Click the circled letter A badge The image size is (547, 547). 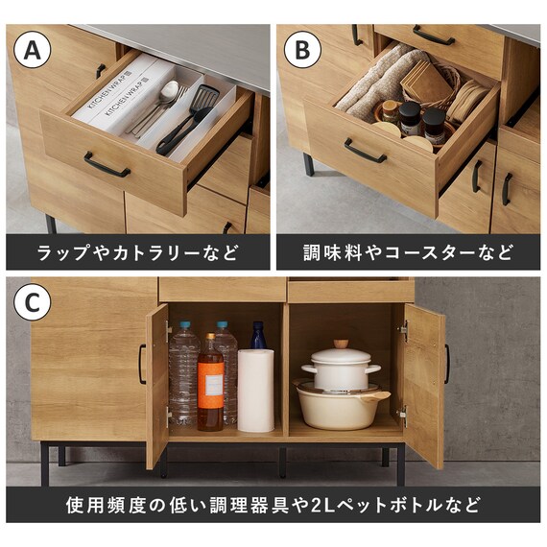[32, 50]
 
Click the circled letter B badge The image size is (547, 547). [302, 50]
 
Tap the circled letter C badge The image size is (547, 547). [32, 302]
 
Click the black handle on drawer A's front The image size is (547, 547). [107, 164]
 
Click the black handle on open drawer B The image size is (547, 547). [366, 151]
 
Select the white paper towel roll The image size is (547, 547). [255, 391]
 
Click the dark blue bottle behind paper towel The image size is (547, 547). [258, 335]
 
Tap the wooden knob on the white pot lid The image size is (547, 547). [342, 344]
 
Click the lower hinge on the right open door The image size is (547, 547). [404, 416]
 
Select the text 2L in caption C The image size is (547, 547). [322, 505]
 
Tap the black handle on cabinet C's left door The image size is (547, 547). [142, 364]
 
